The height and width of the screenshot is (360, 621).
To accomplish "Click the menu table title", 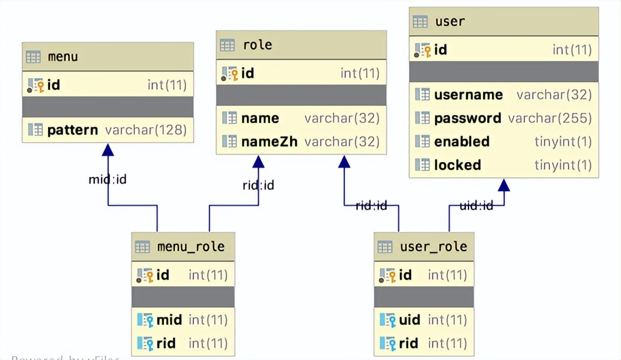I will [63, 57].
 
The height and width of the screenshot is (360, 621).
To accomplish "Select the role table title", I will [258, 45].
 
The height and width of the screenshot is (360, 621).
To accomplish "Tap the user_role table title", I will [433, 247].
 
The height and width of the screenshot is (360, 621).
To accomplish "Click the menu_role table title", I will [191, 247].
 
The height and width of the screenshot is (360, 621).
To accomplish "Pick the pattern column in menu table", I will [72, 130].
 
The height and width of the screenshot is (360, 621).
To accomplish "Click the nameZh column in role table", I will [269, 142].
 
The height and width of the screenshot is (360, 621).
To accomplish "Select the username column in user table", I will [468, 95].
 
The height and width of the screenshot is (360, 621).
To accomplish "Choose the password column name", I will [467, 118].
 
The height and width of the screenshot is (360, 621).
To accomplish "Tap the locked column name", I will [457, 165].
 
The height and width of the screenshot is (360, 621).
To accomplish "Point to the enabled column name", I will [461, 142].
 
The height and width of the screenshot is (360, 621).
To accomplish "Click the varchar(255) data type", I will [550, 118].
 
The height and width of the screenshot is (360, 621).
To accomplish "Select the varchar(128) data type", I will [146, 130].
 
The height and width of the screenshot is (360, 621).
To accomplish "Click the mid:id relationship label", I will [107, 179].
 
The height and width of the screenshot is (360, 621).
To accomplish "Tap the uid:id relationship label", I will [476, 205].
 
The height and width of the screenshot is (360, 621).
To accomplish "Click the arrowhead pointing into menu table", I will [108, 150].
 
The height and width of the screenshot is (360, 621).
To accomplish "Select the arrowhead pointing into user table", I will [503, 185].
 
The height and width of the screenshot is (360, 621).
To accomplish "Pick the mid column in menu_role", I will [169, 320].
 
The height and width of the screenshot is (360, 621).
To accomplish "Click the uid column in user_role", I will [409, 320].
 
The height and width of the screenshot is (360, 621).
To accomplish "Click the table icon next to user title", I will [420, 22].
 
